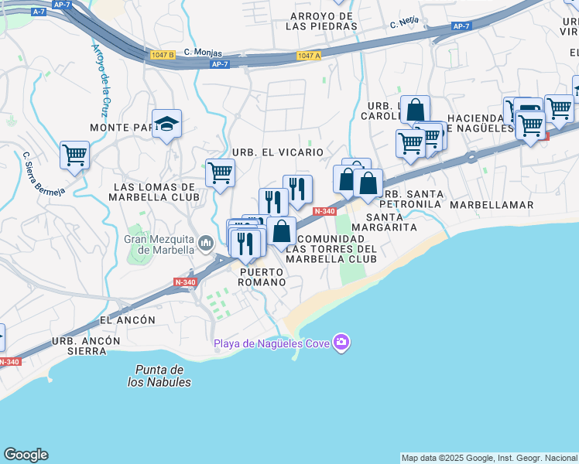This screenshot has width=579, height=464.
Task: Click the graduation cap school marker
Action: [166, 124]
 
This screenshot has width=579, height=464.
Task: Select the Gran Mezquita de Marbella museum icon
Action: [205, 244]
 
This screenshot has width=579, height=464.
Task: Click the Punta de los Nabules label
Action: [159, 376]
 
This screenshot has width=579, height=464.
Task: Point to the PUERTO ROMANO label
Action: [262, 277]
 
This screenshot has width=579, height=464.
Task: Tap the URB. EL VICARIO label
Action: [276, 152]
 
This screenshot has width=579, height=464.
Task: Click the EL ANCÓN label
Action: [128, 319]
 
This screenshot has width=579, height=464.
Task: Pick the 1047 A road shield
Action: [308, 56]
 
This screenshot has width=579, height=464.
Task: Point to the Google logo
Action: [26, 455]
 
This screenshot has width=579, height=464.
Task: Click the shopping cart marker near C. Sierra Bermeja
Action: [74, 154]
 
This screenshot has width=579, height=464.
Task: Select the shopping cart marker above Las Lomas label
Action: [220, 171]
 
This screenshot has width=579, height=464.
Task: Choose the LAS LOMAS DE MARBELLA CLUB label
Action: [155, 192]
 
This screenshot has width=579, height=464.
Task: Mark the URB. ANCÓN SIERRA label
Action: [86, 346]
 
